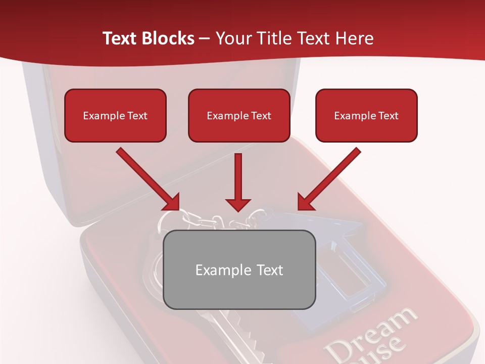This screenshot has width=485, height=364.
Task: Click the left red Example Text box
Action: (115, 115)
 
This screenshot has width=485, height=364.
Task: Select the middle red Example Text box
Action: (239, 115)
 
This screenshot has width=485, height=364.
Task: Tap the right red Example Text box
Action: (366, 115)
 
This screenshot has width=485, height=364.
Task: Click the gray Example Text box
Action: (239, 269)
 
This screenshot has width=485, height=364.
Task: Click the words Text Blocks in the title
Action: (149, 38)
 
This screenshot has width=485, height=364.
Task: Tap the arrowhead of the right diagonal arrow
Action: (305, 202)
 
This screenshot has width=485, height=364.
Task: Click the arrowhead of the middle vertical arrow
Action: (238, 205)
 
